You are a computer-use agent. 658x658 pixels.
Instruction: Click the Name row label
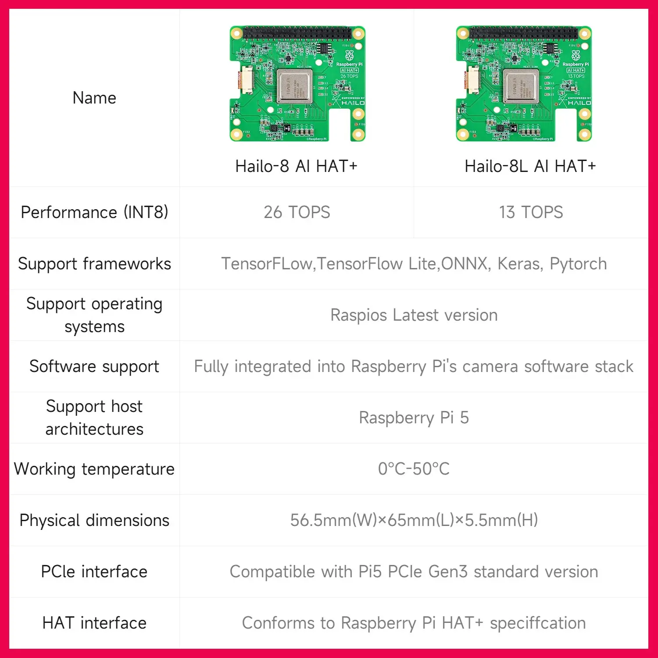coord(94,98)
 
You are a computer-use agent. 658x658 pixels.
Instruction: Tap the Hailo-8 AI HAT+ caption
coord(296,166)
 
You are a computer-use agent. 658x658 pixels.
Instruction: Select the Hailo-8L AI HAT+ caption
coord(530,166)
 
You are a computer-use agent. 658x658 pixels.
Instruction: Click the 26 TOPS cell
coord(297,212)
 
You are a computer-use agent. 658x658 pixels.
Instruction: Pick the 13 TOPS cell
coord(531,212)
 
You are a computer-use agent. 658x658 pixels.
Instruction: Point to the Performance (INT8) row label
coord(94,212)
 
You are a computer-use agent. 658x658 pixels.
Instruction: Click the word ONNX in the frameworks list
coord(465,264)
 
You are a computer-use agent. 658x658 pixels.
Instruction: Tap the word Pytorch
coord(578,264)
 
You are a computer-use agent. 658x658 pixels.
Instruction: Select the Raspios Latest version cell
coord(414,315)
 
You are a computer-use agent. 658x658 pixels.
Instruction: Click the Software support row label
coord(94,366)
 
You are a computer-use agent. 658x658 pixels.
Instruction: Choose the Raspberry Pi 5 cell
coord(414,418)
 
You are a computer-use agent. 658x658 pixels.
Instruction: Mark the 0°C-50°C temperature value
coord(414,469)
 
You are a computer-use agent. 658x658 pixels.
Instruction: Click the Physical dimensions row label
coord(94,520)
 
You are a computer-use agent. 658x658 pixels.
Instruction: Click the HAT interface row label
coord(94,623)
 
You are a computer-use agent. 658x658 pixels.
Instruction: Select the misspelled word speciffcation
coord(538,623)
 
